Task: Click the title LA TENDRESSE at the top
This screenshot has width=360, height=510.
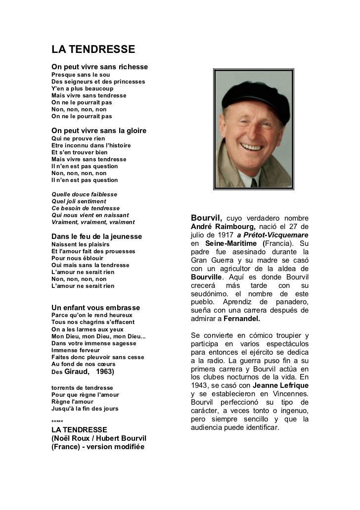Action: click(x=93, y=50)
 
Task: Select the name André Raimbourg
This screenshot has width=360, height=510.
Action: click(x=222, y=227)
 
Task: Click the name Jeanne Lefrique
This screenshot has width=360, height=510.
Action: click(x=280, y=385)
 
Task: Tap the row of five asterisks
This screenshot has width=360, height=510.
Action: click(x=57, y=421)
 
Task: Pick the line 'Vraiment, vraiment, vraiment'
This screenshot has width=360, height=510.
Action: click(x=93, y=222)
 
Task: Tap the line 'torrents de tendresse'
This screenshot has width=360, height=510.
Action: click(x=82, y=388)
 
